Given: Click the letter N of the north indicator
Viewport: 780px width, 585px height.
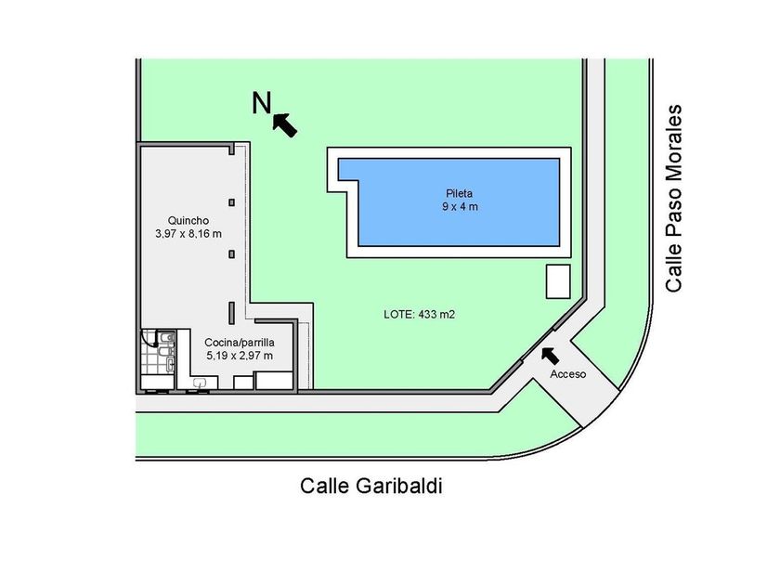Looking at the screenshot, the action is pos(262,103).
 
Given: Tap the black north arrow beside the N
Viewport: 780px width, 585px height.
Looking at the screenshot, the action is pos(284,124).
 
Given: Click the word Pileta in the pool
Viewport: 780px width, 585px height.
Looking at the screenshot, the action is pos(459,193).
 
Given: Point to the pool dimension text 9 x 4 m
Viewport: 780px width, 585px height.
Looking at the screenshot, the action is pos(460,206).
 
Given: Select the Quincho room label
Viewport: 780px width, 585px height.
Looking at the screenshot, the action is pos(188,220).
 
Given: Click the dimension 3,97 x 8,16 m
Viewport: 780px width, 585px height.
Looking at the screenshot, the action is pos(188,234).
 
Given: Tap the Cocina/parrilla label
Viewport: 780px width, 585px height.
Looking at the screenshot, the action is pos(240,343).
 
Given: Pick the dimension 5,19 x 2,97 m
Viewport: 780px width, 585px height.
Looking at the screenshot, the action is pos(240,356).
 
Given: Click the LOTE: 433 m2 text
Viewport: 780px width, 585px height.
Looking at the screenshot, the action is pos(420,315).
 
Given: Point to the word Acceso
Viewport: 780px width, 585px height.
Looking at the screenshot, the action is pos(567,374).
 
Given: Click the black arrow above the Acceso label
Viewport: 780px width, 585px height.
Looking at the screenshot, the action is pos(549,356).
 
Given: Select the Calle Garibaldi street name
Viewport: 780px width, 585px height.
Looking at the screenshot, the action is pos(371,486).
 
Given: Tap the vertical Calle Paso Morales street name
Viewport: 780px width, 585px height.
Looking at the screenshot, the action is pos(673,198).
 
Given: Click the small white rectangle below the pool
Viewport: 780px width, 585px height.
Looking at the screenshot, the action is pos(558,281).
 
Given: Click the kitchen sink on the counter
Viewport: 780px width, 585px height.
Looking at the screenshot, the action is pos(200,383).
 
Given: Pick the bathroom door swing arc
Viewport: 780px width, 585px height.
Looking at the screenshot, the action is pos(149,338).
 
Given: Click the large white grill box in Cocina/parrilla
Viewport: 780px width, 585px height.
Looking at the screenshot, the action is pos(274,381).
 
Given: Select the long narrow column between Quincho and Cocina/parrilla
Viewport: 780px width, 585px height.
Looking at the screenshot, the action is pos(231,313).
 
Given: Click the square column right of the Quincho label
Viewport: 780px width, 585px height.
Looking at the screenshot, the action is pos(231,202).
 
